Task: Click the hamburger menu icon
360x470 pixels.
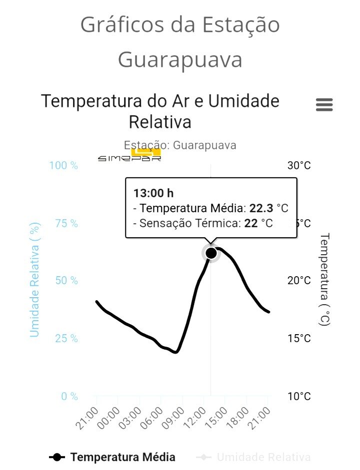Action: (324, 105)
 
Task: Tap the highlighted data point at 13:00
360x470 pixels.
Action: (211, 253)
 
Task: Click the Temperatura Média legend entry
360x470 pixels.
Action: (112, 457)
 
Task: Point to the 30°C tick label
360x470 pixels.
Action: (299, 165)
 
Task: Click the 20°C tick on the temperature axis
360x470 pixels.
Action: (299, 281)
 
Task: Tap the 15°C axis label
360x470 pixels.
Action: (299, 339)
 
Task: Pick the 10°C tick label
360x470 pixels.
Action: (299, 397)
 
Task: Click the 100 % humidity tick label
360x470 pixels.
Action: (63, 165)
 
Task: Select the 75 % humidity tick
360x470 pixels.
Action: (66, 223)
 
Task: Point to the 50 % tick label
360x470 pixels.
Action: (66, 281)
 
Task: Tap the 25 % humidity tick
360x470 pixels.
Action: (66, 339)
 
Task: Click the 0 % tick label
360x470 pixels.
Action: (69, 397)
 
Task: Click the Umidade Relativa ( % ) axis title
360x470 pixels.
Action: (34, 280)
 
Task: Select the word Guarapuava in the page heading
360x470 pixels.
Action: (180, 60)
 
